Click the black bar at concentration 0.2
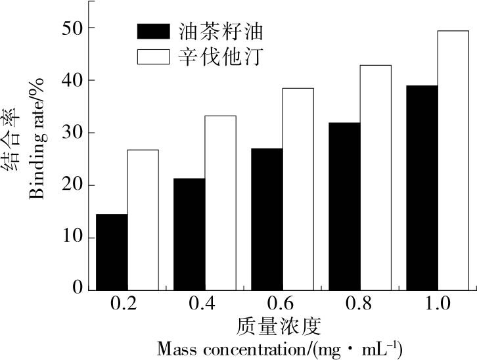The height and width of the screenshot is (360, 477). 112,252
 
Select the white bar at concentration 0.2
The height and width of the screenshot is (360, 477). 143,219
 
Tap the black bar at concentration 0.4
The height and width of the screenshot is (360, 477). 189,234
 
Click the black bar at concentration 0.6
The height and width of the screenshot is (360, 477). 267,219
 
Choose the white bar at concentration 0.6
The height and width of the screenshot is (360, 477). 298,189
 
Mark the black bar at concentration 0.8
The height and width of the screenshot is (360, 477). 344,206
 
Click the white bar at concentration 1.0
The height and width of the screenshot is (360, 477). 453,160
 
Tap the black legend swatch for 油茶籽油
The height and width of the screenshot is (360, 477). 154,31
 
